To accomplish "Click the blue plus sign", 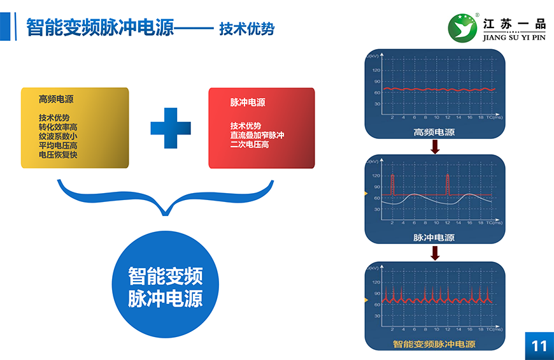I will tap(171, 128).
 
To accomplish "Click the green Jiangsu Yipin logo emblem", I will tap(463, 27).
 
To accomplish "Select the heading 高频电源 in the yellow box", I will tap(56, 99).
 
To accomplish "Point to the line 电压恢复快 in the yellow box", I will tap(58, 155).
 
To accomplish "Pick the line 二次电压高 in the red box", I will tap(250, 145).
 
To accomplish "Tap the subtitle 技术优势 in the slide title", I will tap(246, 29).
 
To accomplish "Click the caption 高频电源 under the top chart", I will tap(434, 133).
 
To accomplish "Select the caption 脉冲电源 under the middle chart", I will tap(434, 238).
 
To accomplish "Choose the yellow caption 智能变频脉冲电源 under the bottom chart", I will tap(434, 344).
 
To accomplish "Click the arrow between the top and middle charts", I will tap(435, 147).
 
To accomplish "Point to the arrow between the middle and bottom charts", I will tap(435, 253).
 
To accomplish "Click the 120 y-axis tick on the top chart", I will tap(376, 70).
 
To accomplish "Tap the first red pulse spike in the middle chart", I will tap(393, 183).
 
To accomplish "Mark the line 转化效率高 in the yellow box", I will tap(58, 127).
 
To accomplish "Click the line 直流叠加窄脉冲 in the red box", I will tap(257, 136).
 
